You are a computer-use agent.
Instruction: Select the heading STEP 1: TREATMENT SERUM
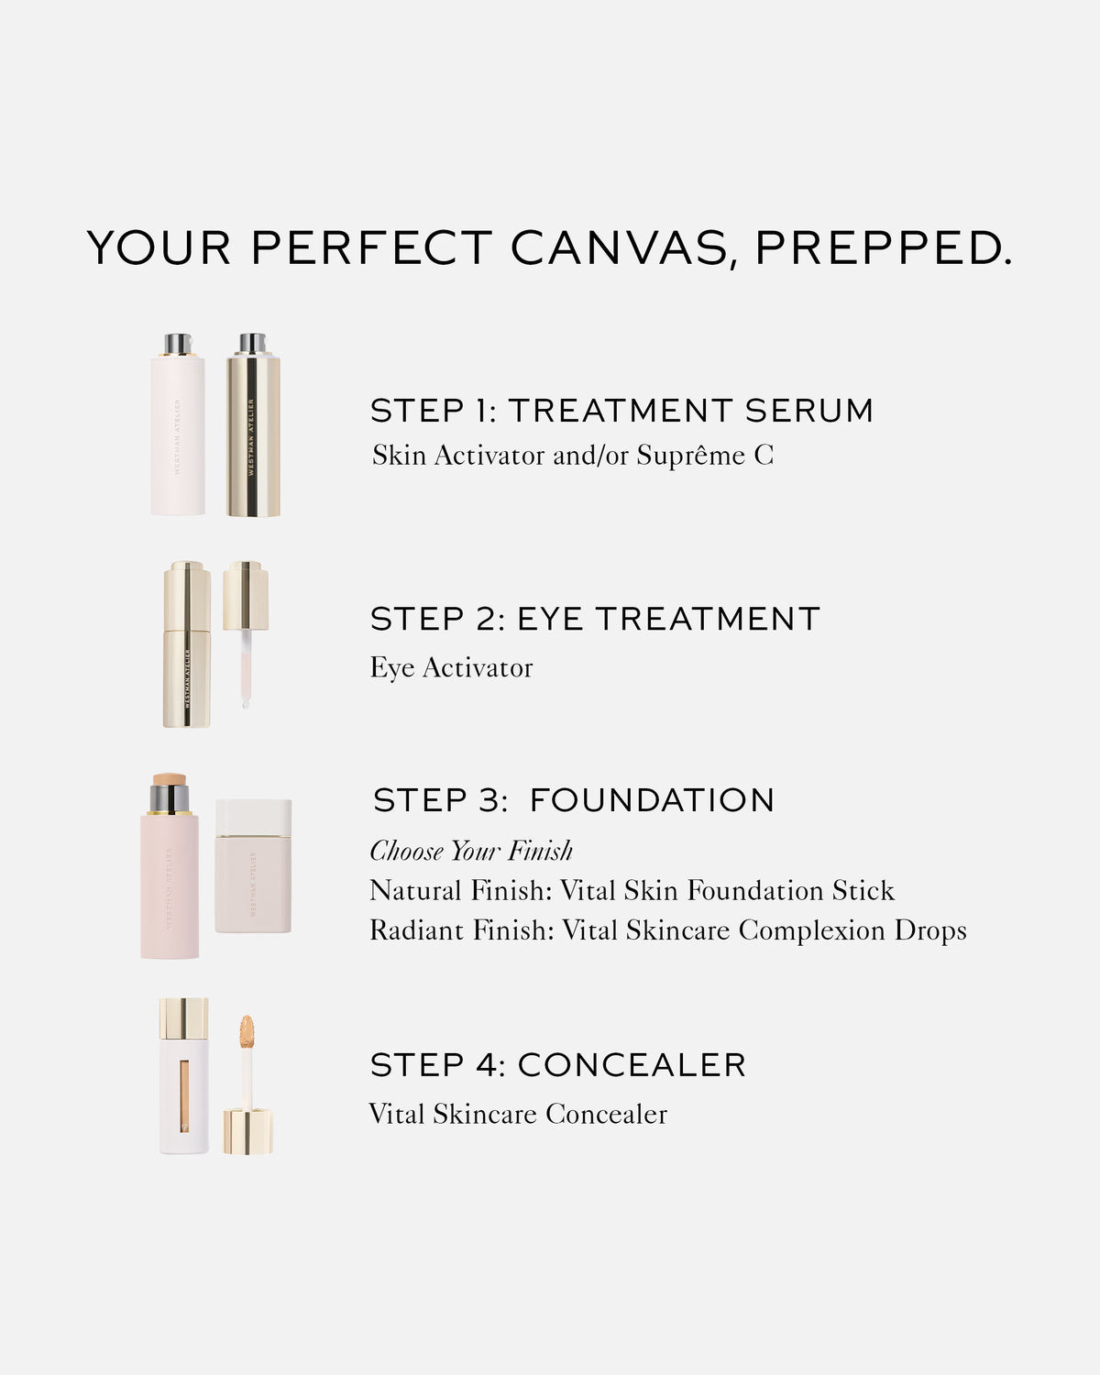[621, 411]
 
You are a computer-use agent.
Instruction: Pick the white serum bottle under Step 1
[178, 431]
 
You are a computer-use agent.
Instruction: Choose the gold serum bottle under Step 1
[253, 431]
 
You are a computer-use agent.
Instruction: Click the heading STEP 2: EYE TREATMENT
[595, 620]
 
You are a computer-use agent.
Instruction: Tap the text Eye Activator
[451, 668]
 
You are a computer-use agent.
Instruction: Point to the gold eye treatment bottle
[187, 646]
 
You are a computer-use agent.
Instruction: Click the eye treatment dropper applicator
[246, 632]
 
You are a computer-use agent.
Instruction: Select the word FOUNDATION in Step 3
[652, 800]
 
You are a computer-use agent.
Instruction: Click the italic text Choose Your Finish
[471, 852]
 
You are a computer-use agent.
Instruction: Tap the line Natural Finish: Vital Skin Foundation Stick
[632, 891]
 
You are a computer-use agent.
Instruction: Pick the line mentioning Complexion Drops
[668, 930]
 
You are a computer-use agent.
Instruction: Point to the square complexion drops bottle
[254, 867]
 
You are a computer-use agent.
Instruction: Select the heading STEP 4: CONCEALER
[558, 1065]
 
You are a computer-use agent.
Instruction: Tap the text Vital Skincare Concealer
[518, 1115]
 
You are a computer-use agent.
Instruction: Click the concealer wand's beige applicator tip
[247, 1033]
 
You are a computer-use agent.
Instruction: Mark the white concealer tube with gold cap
[183, 1077]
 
